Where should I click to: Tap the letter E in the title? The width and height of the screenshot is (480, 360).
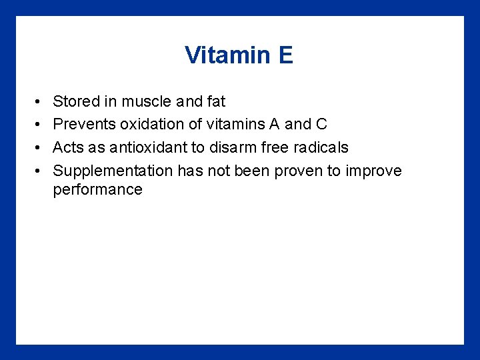click(286, 55)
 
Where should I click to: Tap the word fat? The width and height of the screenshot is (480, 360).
click(214, 102)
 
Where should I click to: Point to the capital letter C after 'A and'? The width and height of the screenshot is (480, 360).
click(321, 125)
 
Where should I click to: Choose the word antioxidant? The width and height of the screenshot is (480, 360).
click(140, 147)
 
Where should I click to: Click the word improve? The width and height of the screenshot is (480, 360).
click(373, 171)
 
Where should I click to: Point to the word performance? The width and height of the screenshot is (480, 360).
click(97, 190)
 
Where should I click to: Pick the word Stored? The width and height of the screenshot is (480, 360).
click(75, 102)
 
